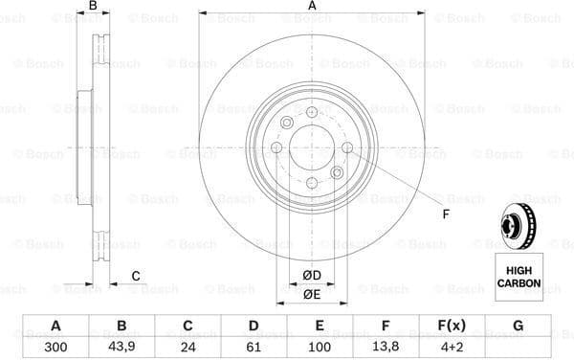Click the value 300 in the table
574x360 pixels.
coord(55,348)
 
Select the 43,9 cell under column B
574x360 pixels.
coord(121,348)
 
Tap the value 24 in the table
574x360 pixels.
coord(188,348)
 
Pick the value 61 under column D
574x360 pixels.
coord(254,348)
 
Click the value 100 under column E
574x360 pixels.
coord(320,348)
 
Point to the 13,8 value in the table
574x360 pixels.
coord(386,348)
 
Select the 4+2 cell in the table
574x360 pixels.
coord(452,348)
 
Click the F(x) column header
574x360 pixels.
coord(452,326)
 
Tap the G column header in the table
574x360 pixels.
coord(518,326)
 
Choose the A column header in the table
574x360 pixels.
coord(55,326)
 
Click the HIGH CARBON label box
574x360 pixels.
coord(519,277)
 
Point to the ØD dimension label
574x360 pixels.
coord(312,277)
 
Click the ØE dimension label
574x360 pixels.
coord(312,295)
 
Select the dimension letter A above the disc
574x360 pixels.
coord(312,8)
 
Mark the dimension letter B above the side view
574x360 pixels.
coord(93,8)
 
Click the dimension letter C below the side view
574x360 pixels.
coord(136,277)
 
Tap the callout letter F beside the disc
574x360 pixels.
coord(444,213)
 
